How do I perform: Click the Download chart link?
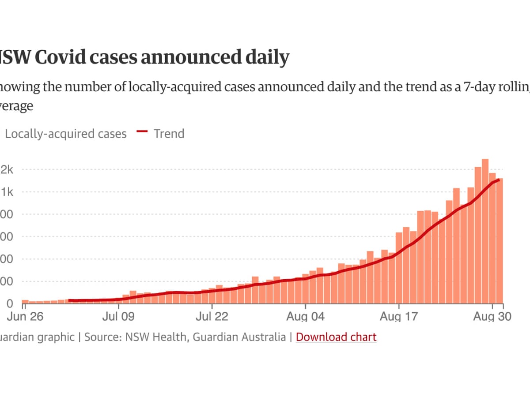coord(336,337)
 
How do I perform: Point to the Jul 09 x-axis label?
coord(118,316)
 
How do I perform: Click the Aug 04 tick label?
coord(306,316)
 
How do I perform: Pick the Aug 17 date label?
coord(399,316)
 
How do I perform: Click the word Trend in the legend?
coord(169,134)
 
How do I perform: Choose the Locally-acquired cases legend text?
coord(66,134)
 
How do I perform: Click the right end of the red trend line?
coord(499,180)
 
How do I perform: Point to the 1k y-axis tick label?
coord(7,192)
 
